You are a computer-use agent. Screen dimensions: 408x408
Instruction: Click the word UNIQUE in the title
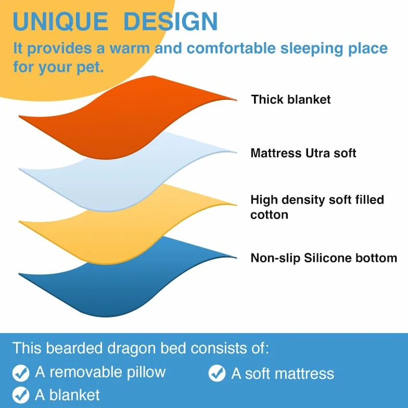click(60, 22)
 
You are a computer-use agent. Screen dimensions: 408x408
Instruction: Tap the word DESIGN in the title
click(171, 21)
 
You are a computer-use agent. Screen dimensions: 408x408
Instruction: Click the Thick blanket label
click(290, 99)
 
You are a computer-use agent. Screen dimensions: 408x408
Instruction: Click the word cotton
click(270, 215)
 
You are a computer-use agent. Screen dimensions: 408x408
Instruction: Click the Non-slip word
click(275, 259)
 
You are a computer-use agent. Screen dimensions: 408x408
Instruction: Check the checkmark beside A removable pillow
click(21, 373)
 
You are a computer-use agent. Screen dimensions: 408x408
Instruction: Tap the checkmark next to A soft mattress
click(217, 373)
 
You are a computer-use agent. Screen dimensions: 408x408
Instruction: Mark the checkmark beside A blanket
click(21, 394)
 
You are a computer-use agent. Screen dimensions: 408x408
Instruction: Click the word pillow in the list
click(146, 373)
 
